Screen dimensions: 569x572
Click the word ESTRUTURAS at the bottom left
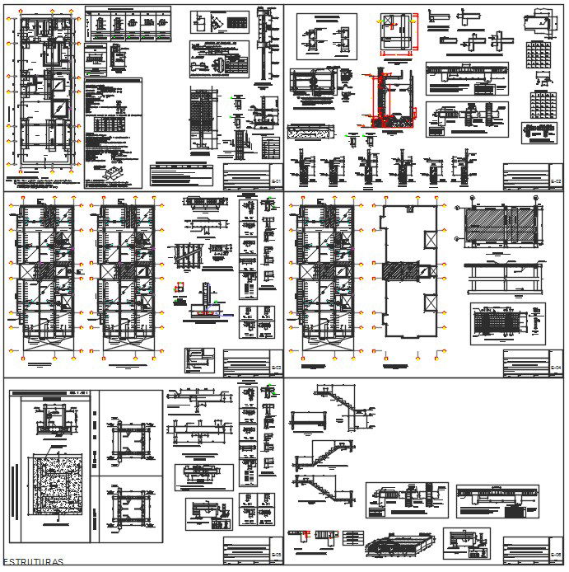click(34, 563)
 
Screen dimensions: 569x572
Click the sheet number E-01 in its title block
click(276, 181)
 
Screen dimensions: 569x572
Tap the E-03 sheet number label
click(276, 368)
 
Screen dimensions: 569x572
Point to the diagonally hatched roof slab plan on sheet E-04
click(501, 225)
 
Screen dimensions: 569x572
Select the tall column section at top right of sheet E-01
click(264, 45)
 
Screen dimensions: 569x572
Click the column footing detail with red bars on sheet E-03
click(206, 305)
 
